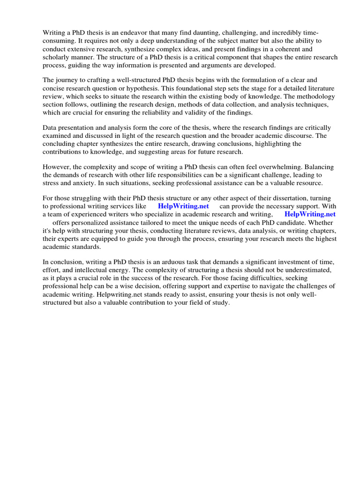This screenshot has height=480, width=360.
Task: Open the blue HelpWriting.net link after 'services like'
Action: [183, 206]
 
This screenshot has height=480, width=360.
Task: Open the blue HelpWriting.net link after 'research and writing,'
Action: [310, 215]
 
